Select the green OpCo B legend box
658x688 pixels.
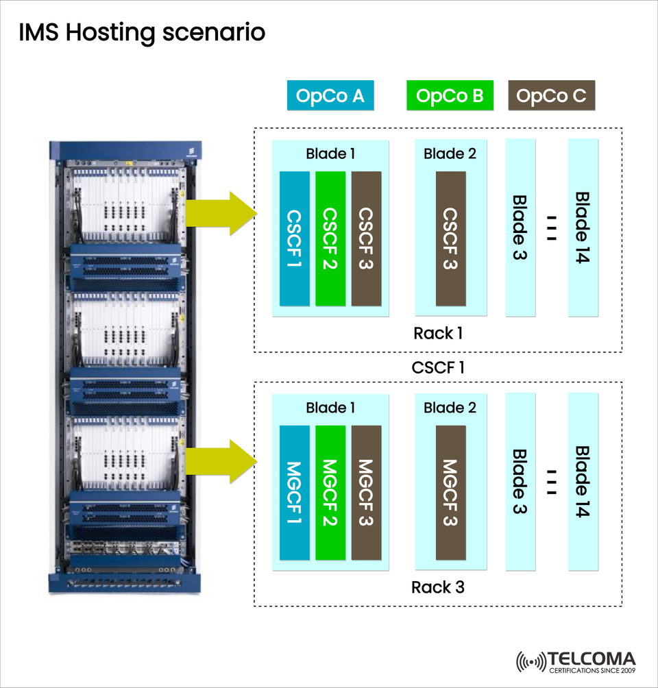449,96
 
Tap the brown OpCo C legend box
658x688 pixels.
551,96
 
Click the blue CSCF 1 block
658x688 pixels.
295,238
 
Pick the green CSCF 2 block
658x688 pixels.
330,238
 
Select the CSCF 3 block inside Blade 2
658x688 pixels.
450,238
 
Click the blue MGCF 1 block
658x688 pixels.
295,492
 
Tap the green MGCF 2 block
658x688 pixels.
330,492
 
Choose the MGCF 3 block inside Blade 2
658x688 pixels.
450,492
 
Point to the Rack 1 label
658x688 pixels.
438,334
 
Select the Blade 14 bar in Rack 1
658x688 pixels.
583,228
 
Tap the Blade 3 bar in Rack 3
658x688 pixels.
520,481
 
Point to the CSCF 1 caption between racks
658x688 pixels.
438,367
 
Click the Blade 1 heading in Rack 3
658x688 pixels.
330,408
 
